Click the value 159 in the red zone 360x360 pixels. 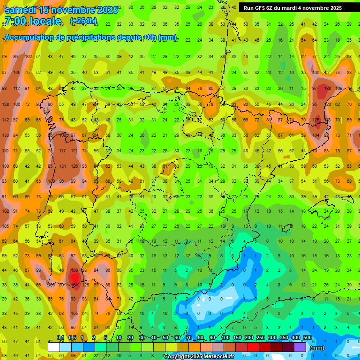click(x=75, y=270)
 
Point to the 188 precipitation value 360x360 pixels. click(x=327, y=88)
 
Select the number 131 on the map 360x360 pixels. click(x=62, y=166)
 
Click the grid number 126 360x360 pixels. click(x=74, y=166)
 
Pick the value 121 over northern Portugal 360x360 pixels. click(x=74, y=150)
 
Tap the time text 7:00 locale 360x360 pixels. click(x=32, y=21)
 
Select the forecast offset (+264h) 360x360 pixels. click(x=83, y=21)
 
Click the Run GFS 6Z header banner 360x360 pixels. click(x=292, y=8)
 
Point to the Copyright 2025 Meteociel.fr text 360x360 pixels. click(x=199, y=356)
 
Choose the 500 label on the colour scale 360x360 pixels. click(x=307, y=337)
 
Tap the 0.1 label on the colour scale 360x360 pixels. click(x=60, y=337)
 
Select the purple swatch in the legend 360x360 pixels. click(x=300, y=347)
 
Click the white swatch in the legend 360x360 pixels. click(x=54, y=347)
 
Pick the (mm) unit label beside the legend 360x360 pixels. click(x=317, y=348)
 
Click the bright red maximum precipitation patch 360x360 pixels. click(x=75, y=277)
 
